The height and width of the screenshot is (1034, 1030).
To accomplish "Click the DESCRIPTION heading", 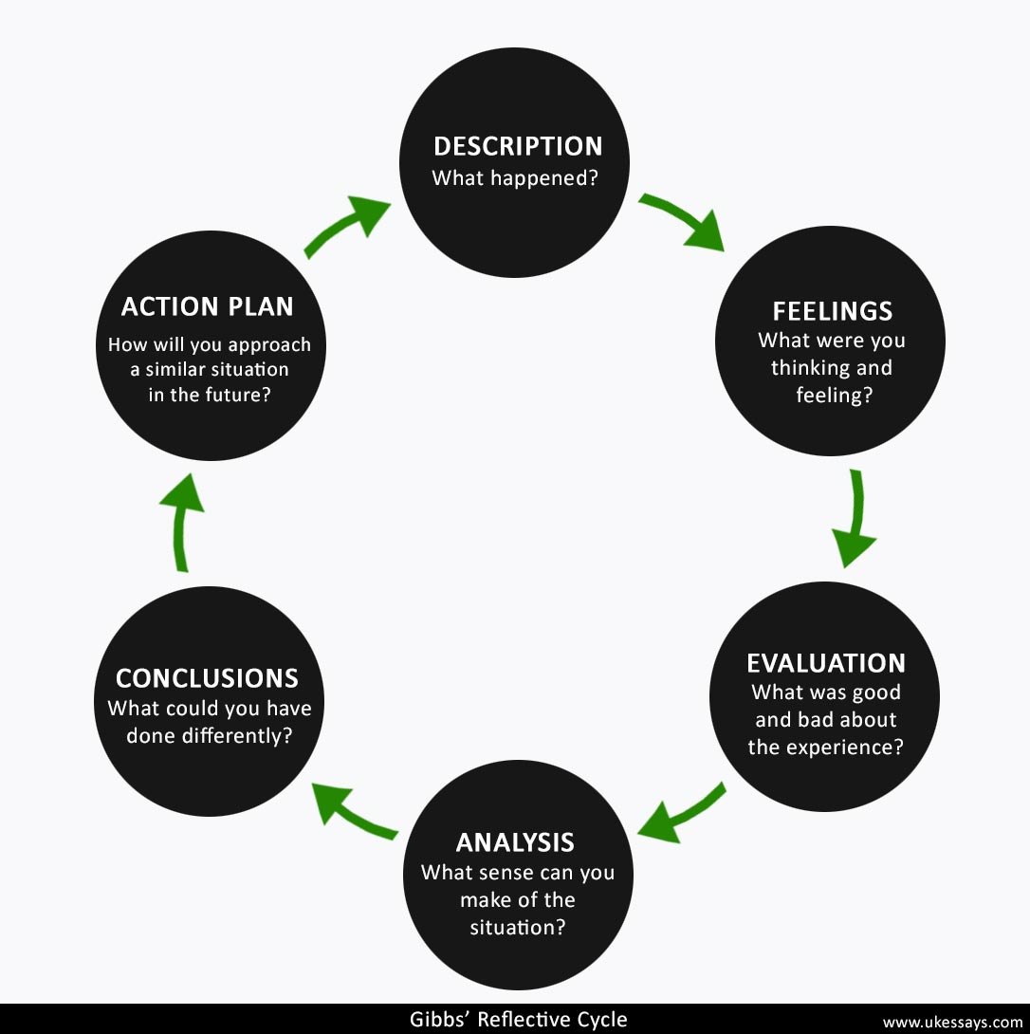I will tap(518, 146).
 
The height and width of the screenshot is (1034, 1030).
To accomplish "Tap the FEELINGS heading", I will tap(832, 311).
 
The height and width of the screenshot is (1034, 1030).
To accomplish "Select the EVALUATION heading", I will tap(825, 663).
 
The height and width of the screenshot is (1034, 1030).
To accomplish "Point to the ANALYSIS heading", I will tap(515, 842).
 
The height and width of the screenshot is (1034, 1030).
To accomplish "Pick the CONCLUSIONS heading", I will tap(207, 678).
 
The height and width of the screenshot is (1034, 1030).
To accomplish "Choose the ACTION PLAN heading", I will tap(207, 306).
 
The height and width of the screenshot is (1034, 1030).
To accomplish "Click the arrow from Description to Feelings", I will tap(684, 223).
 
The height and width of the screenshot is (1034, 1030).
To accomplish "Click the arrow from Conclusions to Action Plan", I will tap(182, 521).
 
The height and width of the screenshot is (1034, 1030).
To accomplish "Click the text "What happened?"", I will tap(515, 177).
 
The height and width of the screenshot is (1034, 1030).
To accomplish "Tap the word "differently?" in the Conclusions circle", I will tap(234, 735).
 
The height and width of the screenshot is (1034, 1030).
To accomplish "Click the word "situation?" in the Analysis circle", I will tap(518, 926).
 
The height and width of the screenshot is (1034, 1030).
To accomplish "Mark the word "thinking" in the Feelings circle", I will tap(806, 367).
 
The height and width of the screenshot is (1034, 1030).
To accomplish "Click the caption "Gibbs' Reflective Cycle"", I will tap(518, 1020).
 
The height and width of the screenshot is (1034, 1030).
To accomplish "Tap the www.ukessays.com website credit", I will tap(952, 1022).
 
